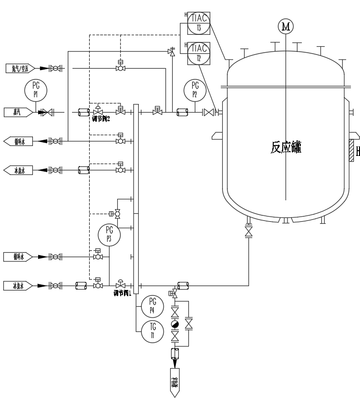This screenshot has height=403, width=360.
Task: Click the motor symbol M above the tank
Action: click(x=286, y=27)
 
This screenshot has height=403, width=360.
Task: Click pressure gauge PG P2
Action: click(x=195, y=90)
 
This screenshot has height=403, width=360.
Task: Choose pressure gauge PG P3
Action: click(x=109, y=234)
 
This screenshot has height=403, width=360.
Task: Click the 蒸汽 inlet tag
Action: click(x=18, y=113)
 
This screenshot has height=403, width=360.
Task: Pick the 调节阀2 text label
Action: click(x=101, y=119)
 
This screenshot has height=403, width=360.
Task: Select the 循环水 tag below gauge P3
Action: click(x=18, y=257)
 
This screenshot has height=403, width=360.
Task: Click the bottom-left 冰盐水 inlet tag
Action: click(x=18, y=286)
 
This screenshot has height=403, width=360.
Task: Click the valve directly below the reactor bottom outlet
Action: click(x=248, y=232)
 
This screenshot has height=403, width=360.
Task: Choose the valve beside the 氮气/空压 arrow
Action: click(x=56, y=69)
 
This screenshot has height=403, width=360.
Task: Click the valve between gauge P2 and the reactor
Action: click(x=208, y=113)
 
